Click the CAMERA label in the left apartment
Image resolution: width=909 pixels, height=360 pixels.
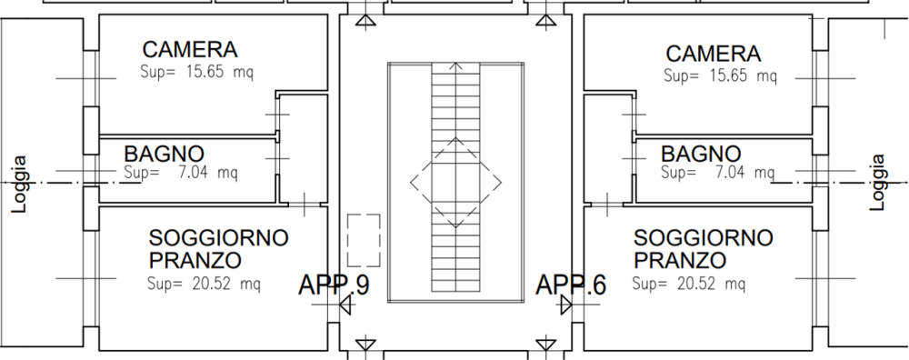pos(190,50)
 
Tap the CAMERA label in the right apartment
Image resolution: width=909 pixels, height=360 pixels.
pos(713,54)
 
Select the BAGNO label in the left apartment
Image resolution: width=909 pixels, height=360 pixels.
pos(164,155)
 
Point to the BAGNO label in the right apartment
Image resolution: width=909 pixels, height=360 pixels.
pos(701,155)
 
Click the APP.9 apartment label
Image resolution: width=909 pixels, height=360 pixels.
pos(334,285)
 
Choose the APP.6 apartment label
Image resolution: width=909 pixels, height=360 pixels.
pos(571,285)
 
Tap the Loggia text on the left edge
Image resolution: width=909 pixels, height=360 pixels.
pos(20,185)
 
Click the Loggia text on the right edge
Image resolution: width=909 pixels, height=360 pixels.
pos(878,182)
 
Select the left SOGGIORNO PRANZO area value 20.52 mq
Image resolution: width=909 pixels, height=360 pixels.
pos(204,284)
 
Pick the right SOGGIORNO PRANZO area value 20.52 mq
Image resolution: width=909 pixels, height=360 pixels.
pos(689,284)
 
